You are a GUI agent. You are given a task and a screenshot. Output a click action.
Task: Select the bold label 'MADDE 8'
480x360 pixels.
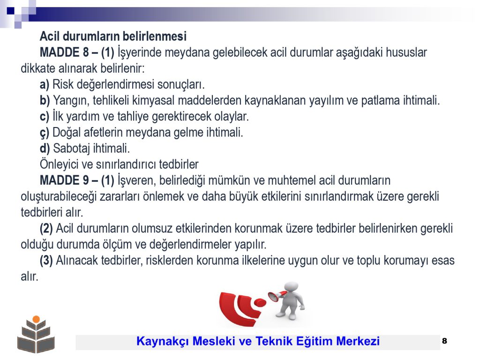point(64,52)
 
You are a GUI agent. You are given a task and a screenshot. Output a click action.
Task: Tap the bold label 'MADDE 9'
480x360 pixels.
point(64,180)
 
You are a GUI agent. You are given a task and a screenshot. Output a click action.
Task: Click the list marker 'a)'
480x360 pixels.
point(45,84)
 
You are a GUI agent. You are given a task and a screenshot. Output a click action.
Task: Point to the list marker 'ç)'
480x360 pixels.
point(45,133)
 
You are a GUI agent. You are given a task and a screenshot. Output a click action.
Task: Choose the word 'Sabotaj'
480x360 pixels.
point(71,149)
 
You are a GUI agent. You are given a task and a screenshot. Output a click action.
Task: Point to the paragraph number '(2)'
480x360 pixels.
point(46,228)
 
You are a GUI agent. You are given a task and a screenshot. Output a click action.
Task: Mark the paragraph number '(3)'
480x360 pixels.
point(46,261)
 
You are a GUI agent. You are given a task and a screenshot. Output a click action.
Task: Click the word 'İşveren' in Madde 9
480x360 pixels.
point(137,180)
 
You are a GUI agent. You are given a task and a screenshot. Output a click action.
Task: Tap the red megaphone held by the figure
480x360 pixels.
point(277,296)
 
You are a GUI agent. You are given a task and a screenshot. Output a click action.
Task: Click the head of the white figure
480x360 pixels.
point(291,287)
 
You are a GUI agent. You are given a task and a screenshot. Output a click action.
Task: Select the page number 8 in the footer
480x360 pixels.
point(444,341)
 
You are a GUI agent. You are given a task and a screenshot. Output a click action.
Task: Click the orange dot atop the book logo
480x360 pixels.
point(36,319)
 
